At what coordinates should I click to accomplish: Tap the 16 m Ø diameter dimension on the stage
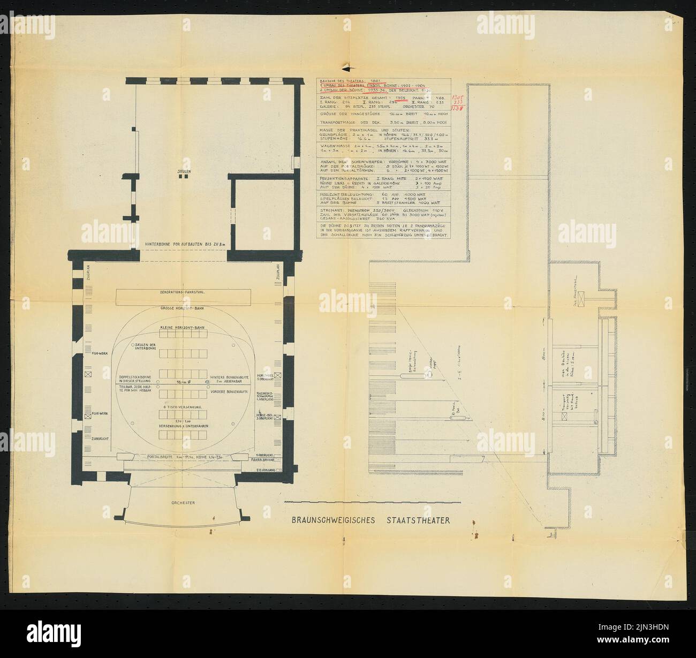pos(179,382)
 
